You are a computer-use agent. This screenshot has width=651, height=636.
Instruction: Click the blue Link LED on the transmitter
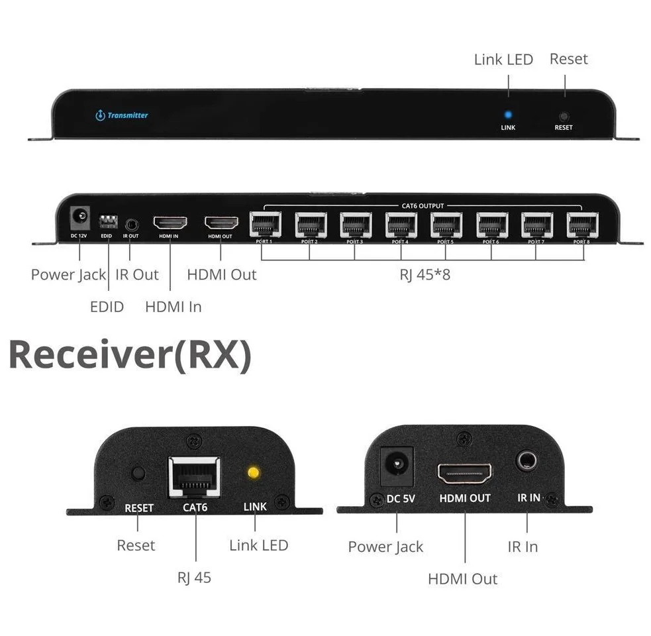[507, 114]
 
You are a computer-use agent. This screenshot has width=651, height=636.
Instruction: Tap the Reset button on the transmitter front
[564, 115]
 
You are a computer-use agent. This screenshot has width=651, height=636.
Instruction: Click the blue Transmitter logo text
[121, 115]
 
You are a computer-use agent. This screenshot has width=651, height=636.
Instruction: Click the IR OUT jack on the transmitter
[131, 223]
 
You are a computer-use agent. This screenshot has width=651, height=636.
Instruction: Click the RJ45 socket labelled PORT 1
[265, 224]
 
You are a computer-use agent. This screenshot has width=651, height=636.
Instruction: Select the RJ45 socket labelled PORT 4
[401, 224]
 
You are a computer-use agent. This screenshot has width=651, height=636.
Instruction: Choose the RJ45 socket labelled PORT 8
[582, 224]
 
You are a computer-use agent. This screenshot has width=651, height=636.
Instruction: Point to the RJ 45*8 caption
[425, 274]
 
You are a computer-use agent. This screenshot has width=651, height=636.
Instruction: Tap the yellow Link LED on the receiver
[253, 473]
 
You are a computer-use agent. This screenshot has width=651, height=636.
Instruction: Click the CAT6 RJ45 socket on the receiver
[195, 477]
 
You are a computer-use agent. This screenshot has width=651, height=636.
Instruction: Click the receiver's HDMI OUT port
[465, 473]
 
